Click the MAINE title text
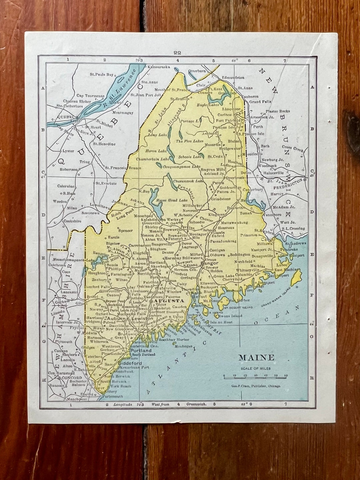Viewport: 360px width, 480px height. coord(256,358)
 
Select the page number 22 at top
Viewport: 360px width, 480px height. coord(177,52)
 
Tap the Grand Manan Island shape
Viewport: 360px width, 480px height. coord(296,277)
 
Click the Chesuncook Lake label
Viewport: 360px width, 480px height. coord(188,181)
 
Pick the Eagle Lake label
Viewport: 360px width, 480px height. coord(208,105)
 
